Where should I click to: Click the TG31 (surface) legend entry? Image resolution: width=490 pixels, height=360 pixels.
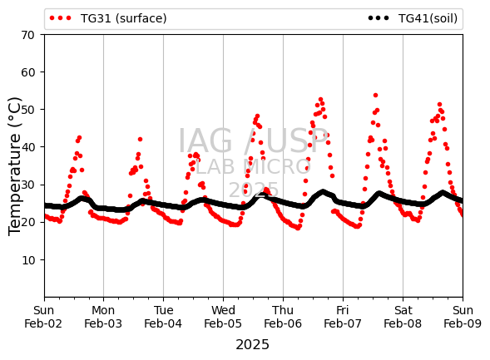click(108, 18)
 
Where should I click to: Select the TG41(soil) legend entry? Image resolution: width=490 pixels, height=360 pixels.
click(413, 18)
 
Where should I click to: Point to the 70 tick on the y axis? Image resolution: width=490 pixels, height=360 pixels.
click(27, 35)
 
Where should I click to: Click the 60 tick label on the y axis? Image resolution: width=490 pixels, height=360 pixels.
click(27, 72)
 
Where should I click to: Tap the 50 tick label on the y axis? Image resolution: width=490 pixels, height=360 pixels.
click(27, 110)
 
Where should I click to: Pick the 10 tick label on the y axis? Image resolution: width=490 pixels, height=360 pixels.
click(27, 260)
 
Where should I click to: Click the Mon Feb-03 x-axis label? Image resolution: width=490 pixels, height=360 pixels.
click(103, 317)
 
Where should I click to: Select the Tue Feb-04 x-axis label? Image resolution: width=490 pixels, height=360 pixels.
click(163, 317)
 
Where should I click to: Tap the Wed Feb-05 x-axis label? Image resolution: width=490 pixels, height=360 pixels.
click(223, 317)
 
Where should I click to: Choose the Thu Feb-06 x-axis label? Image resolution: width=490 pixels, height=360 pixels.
click(283, 317)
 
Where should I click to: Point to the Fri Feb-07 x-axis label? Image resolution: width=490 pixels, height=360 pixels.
click(343, 317)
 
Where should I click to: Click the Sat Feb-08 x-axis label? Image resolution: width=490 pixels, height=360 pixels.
click(403, 317)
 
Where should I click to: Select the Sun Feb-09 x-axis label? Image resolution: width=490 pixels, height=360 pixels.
click(463, 317)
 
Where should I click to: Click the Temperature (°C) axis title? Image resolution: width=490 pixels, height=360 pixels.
click(15, 166)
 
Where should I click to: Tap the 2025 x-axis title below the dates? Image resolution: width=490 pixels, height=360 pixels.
click(253, 345)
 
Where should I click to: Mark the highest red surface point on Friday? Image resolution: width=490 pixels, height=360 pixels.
click(376, 96)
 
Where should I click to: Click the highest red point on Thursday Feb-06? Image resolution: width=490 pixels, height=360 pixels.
click(320, 100)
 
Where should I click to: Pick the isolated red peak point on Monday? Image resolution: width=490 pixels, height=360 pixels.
click(140, 139)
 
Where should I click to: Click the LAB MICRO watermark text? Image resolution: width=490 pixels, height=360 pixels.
click(253, 166)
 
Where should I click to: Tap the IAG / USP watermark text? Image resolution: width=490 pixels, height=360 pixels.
click(253, 141)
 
